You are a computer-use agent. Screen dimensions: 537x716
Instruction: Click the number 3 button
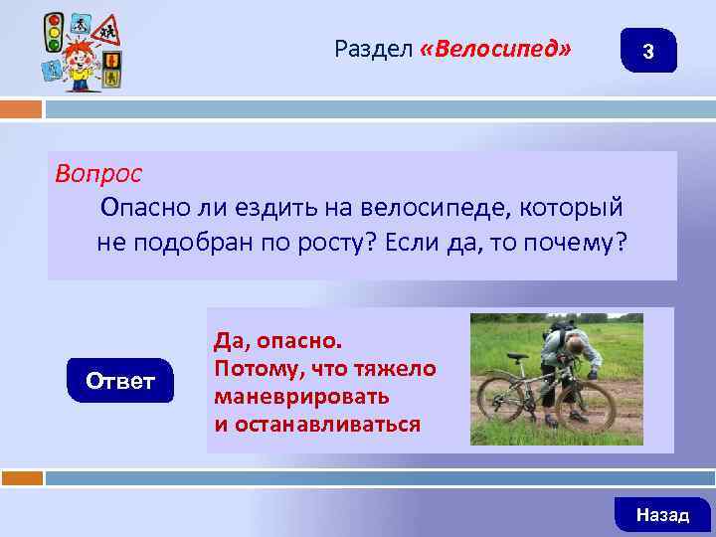point(647,52)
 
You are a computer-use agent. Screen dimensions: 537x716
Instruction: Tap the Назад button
point(662,514)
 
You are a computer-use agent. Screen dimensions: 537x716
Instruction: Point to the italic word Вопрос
point(98,173)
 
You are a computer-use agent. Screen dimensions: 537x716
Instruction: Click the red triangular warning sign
point(103,33)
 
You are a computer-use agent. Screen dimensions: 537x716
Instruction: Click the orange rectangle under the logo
point(21,108)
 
